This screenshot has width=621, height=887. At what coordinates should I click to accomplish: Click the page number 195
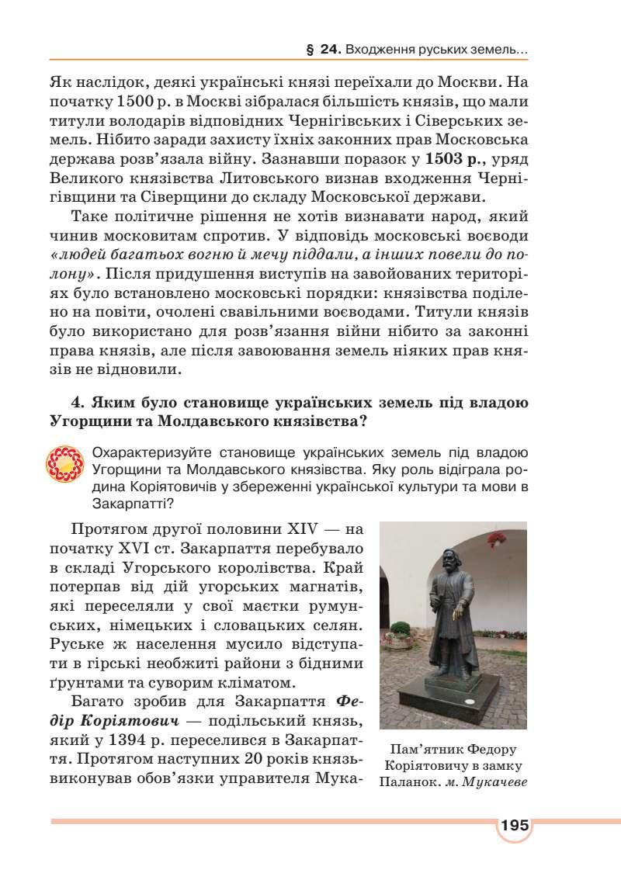pos(514,825)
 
